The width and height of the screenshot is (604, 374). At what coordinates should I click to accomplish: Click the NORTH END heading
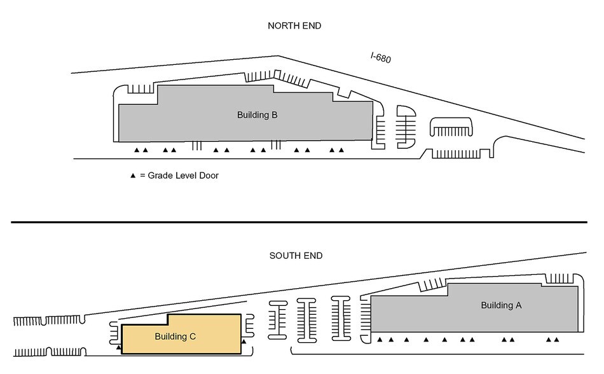pos(295,26)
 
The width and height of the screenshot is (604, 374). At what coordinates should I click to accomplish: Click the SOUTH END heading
pos(296,256)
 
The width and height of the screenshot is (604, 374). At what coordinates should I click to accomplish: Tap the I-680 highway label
pos(381,58)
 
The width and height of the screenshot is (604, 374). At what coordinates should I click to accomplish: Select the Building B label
pos(257,115)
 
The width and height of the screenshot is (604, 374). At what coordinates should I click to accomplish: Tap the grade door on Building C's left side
pos(119,348)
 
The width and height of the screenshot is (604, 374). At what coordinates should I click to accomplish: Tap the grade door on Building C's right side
pos(244,342)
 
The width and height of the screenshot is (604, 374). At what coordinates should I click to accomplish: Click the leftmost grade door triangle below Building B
pos(137,151)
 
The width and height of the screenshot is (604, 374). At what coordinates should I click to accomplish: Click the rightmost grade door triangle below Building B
pos(341,151)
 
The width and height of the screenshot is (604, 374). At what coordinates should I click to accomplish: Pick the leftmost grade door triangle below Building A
pos(380,340)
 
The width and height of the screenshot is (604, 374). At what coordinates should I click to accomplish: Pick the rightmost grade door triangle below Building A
pos(557,340)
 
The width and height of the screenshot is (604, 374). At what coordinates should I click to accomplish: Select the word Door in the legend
pos(207,176)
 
